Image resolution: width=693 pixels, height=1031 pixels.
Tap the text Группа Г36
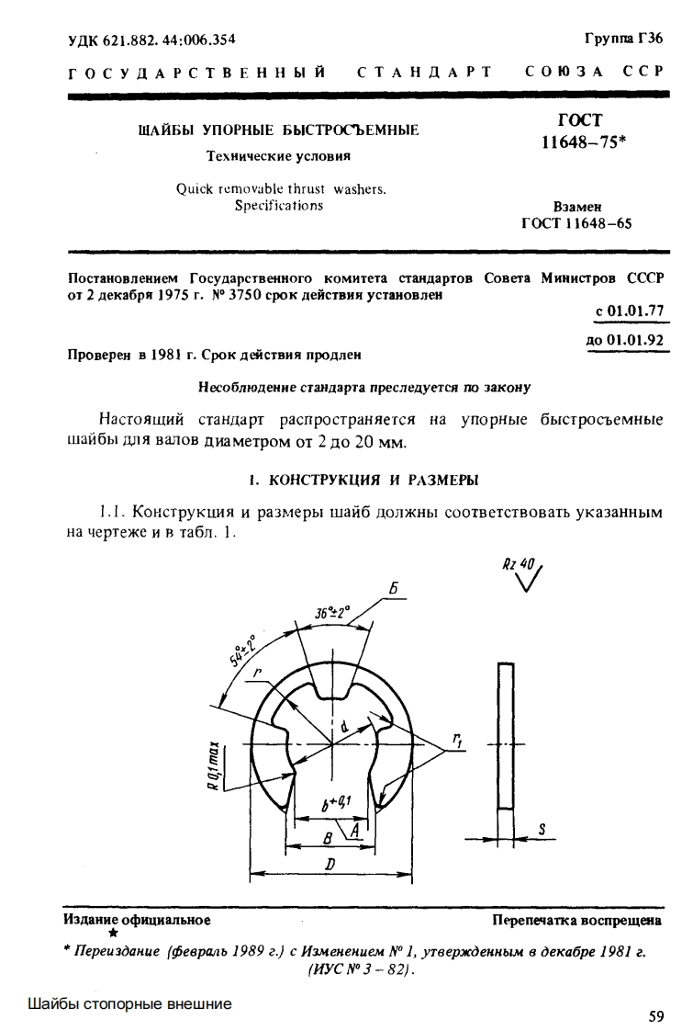pos(623,39)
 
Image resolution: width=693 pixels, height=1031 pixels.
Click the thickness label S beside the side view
pos(542,828)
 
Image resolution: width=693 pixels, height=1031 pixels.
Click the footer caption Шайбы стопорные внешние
pos(129,1003)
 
